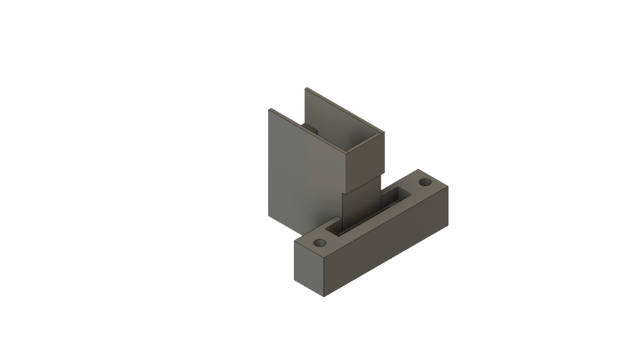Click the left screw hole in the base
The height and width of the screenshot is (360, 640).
(320, 243)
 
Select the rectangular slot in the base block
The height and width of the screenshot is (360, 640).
(373, 211)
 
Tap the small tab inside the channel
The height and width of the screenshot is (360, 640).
(311, 127)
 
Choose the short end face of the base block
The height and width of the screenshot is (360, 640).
(309, 270)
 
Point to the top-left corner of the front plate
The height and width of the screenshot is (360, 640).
(269, 109)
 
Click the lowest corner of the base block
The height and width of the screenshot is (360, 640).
(324, 295)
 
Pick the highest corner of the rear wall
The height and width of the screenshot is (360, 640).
(306, 87)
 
